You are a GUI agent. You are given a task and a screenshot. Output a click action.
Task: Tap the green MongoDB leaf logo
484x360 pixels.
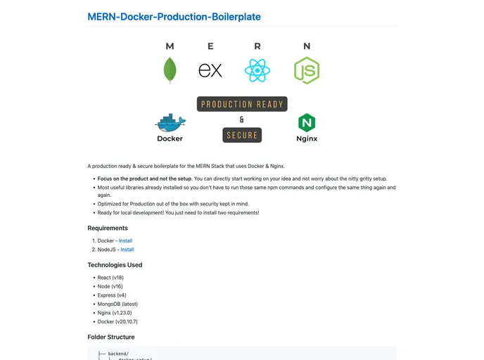pyautogui.click(x=170, y=70)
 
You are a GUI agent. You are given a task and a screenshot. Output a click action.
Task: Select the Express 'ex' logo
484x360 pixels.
pyautogui.click(x=210, y=70)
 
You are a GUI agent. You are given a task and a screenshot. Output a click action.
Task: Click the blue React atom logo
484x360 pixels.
pyautogui.click(x=257, y=70)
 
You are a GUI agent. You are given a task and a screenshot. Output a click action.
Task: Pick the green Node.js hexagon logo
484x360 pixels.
pyautogui.click(x=307, y=70)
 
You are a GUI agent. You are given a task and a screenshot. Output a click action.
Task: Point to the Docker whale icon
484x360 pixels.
pyautogui.click(x=170, y=123)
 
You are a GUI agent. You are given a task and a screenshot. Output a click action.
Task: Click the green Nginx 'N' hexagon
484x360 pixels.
pyautogui.click(x=307, y=123)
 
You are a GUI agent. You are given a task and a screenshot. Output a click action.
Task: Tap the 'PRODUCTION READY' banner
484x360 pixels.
pyautogui.click(x=242, y=105)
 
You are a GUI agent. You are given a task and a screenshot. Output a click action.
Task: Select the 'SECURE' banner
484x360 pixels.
pyautogui.click(x=242, y=135)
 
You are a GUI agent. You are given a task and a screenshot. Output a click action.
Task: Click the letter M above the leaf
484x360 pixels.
pyautogui.click(x=170, y=46)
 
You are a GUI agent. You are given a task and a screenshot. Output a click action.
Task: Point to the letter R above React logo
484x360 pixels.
pyautogui.click(x=257, y=46)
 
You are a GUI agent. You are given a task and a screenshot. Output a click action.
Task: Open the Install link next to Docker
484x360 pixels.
pyautogui.click(x=126, y=240)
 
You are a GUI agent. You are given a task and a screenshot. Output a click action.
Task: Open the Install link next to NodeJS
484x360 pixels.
pyautogui.click(x=127, y=250)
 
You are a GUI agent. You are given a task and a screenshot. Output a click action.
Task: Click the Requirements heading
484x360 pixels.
pyautogui.click(x=108, y=228)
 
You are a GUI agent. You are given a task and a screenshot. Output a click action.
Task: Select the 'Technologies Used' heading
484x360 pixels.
pyautogui.click(x=115, y=265)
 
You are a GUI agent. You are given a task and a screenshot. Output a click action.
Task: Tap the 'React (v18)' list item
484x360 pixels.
pyautogui.click(x=110, y=278)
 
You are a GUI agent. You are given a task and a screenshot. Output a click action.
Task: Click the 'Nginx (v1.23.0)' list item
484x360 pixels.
pyautogui.click(x=115, y=313)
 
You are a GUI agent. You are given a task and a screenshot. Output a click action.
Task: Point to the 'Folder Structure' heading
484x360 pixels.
pyautogui.click(x=110, y=337)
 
